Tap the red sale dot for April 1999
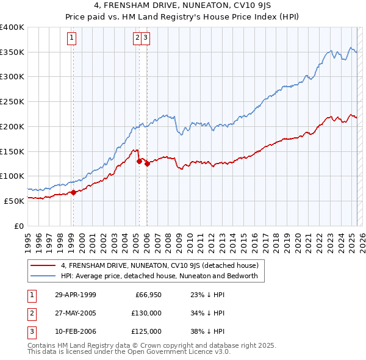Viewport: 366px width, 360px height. [73, 192]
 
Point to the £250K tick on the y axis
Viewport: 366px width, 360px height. [13, 102]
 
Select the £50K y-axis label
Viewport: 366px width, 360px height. [15, 201]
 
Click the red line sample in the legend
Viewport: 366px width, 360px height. [42, 265]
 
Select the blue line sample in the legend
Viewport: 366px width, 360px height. [42, 276]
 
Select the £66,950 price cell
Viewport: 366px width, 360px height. [148, 295]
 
